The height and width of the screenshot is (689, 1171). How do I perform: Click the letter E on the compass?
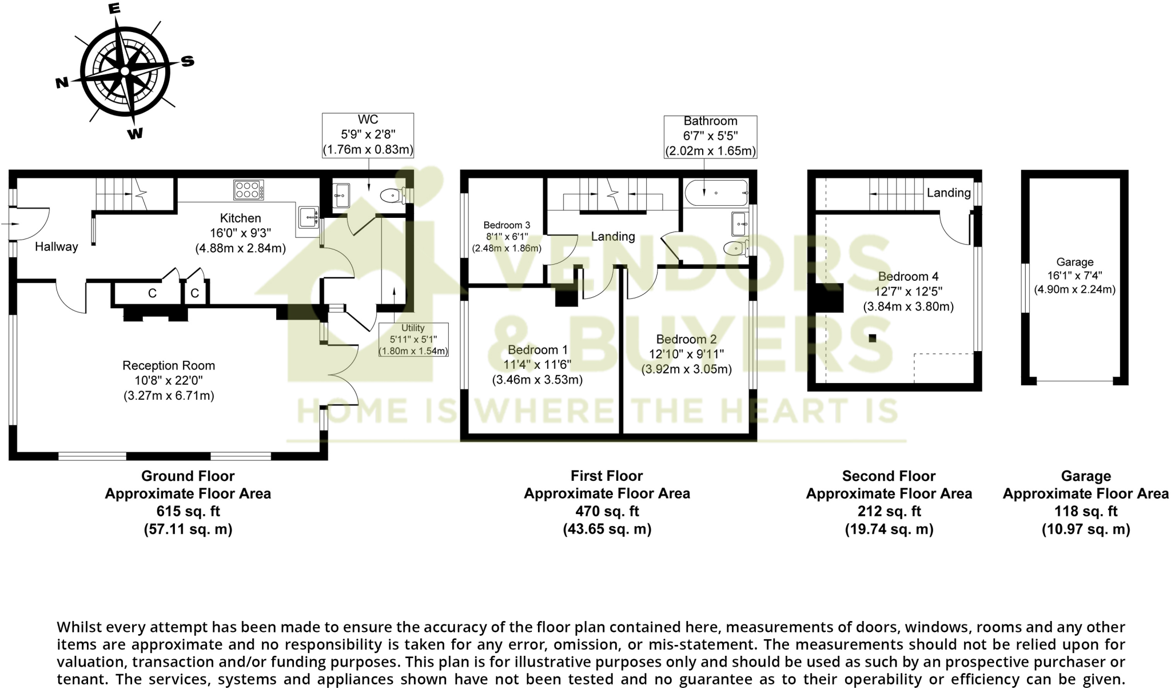click(114, 8)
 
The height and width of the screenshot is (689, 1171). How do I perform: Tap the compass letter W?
click(135, 134)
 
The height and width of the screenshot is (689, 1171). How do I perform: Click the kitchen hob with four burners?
click(249, 190)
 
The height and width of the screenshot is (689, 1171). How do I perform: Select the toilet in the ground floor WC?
click(392, 196)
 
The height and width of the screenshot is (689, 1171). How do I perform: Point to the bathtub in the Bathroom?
click(716, 193)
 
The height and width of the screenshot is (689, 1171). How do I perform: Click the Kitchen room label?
click(240, 218)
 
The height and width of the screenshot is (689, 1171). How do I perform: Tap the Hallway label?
click(56, 246)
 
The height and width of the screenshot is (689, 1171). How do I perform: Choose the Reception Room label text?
click(169, 365)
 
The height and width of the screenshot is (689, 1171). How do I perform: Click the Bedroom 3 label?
click(507, 225)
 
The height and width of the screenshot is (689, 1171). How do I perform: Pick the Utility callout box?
click(413, 340)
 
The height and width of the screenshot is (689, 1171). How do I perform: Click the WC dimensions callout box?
click(368, 135)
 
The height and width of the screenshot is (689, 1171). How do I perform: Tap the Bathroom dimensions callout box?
click(710, 136)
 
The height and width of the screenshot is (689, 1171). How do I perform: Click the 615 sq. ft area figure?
click(188, 511)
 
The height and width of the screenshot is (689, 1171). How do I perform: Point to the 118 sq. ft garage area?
click(1085, 511)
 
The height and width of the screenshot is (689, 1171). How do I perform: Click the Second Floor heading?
click(889, 476)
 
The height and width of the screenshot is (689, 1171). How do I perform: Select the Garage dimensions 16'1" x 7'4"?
click(1074, 276)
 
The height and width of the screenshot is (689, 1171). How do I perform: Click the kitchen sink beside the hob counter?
click(309, 217)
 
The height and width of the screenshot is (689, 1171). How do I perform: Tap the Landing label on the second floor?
click(949, 193)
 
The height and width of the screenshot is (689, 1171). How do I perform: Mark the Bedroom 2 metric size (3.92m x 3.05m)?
click(686, 369)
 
